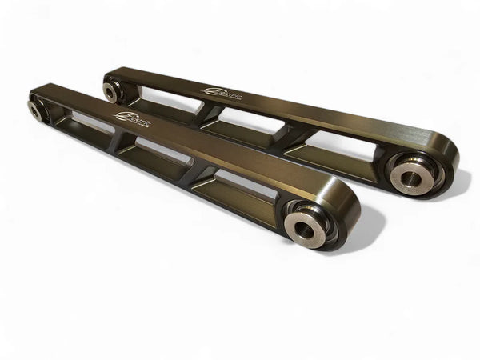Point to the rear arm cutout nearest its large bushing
pos(320,144)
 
